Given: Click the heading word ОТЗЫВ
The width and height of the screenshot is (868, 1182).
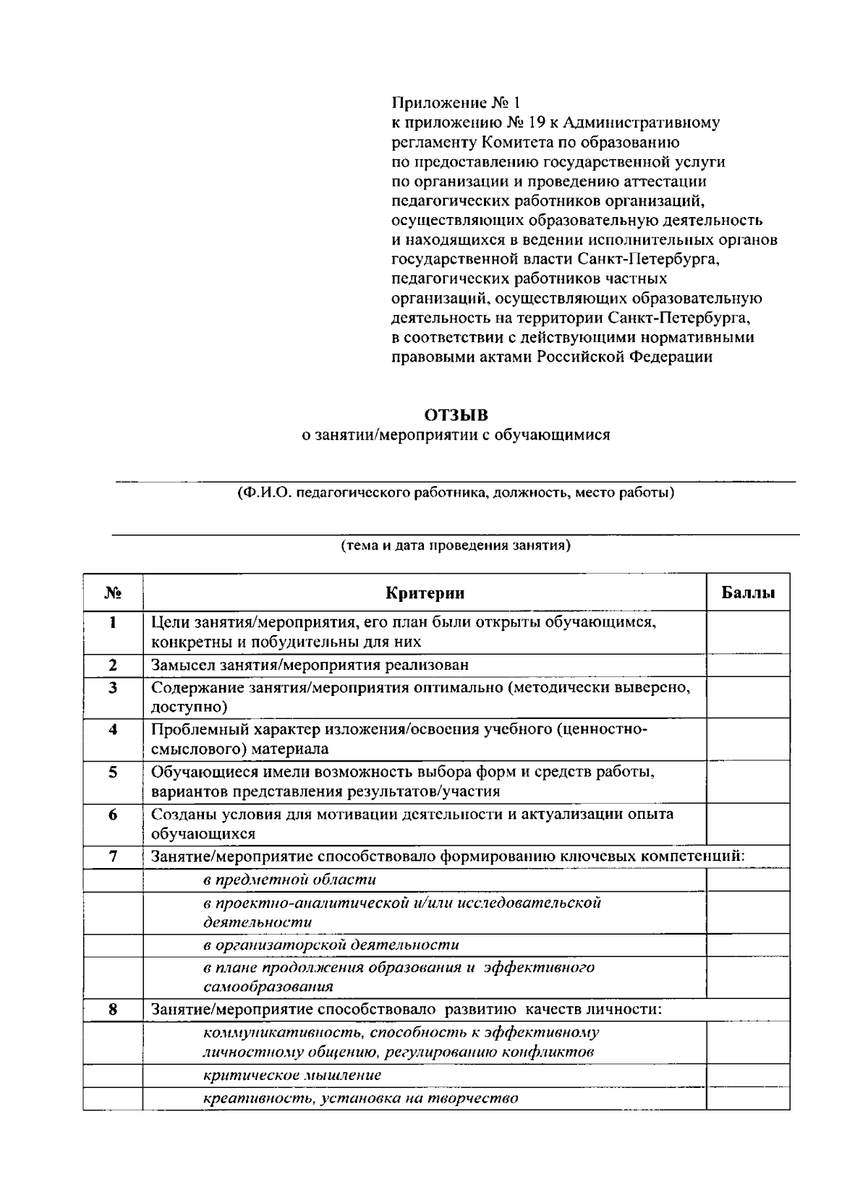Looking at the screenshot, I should click(x=456, y=415).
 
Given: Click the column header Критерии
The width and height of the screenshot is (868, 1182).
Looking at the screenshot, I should click(x=425, y=593).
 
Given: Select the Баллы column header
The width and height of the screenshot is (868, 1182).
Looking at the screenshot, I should click(x=748, y=593).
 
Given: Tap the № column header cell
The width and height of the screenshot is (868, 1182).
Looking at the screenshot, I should click(x=112, y=593).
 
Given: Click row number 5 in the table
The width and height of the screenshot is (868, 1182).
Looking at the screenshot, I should click(x=112, y=773).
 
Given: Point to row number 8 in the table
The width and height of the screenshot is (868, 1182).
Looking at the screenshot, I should click(x=112, y=1009).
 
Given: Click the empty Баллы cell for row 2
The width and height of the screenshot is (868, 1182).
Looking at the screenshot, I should click(x=748, y=665).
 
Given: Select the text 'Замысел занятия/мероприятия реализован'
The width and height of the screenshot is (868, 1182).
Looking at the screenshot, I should click(x=310, y=665).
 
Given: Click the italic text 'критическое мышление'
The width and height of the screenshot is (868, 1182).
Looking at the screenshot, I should click(x=292, y=1075).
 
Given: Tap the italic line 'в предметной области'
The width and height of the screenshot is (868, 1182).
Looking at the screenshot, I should click(x=289, y=880).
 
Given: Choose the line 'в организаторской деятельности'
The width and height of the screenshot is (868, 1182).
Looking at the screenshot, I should click(x=331, y=945).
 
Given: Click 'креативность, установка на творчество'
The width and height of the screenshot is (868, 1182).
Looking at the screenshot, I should click(x=360, y=1098).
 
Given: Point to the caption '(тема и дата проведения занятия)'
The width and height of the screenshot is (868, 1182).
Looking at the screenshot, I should click(x=456, y=545).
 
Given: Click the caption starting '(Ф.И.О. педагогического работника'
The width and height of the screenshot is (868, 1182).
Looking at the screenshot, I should click(x=456, y=493).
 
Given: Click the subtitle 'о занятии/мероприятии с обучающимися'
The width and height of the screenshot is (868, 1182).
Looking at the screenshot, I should click(x=456, y=435).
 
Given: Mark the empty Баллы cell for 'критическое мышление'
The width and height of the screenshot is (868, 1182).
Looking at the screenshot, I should click(x=748, y=1075).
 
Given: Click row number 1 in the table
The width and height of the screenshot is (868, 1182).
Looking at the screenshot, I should click(x=112, y=622).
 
